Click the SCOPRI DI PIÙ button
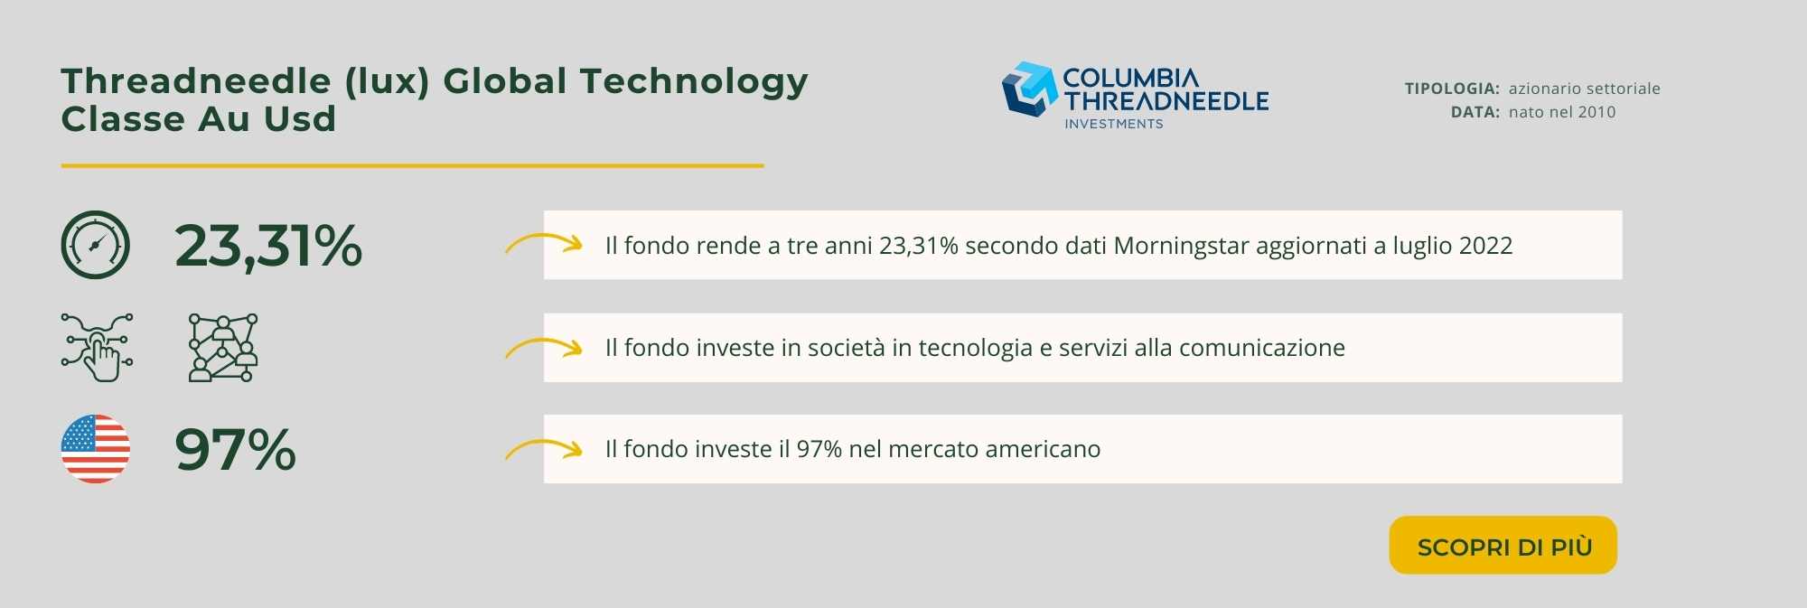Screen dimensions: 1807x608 (x=1503, y=545)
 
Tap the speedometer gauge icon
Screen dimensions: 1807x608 (x=95, y=245)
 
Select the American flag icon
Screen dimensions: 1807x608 (x=95, y=449)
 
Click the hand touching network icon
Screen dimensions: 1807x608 (x=97, y=348)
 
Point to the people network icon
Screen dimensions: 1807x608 (x=223, y=348)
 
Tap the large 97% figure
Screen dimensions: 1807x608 (x=235, y=449)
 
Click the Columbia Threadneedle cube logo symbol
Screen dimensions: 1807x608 (x=1029, y=89)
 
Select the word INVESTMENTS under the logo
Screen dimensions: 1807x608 (x=1114, y=124)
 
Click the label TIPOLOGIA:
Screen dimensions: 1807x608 (x=1452, y=89)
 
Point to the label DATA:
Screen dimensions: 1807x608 (x=1475, y=112)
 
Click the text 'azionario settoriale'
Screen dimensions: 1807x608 (x=1585, y=89)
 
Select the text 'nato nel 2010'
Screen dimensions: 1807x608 (x=1562, y=112)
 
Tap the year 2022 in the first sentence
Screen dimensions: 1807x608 (x=1485, y=246)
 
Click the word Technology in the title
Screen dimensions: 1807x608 (x=694, y=82)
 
